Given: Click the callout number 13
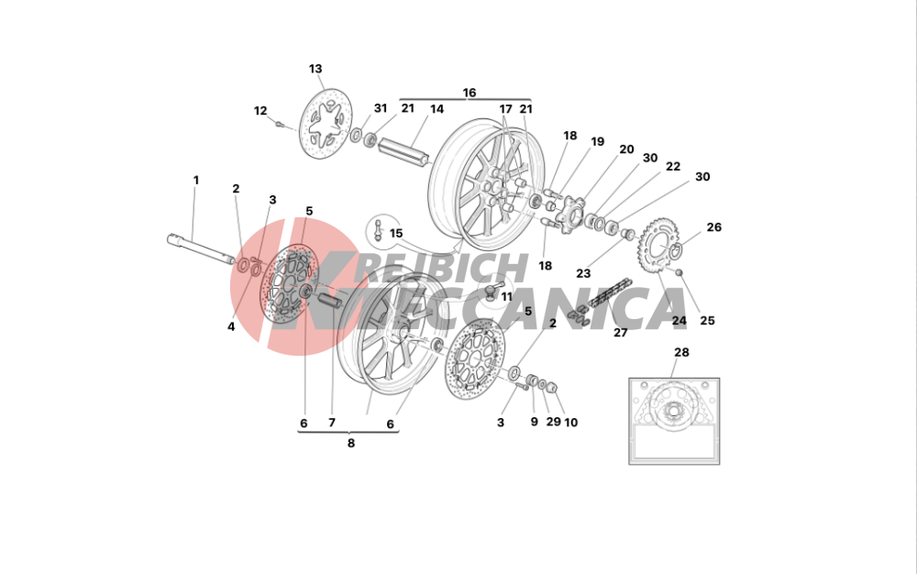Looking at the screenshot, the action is pos(315,69).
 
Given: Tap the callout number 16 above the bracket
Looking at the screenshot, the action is pos(469,93).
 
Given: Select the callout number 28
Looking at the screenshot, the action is pos(681,352).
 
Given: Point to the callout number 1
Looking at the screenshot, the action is pos(196,180).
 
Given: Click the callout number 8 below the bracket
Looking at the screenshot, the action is pos(351,443).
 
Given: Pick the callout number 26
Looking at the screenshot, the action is pos(714,226).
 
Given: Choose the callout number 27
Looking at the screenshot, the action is pos(621,333).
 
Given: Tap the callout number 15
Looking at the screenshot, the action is pos(396,233).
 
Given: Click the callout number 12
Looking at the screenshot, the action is pos(260,110).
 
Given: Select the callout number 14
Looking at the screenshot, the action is pos(436,109).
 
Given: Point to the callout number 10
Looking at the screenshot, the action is pos(570,422).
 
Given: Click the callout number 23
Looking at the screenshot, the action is pos(583,273).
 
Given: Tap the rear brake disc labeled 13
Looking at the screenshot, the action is pos(326,124).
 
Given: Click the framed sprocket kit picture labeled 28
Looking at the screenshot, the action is pos(674,422).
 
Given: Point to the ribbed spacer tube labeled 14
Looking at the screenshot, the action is pos(404,150).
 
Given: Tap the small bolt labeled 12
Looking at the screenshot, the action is pos(280,124).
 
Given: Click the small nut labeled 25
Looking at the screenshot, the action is pos(679,272).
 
